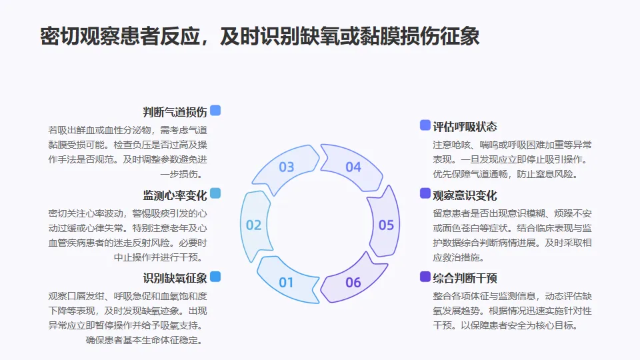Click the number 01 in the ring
(x=286, y=282)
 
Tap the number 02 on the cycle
(x=254, y=225)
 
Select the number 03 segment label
(x=287, y=167)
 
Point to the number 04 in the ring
(x=353, y=167)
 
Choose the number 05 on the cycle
(x=386, y=225)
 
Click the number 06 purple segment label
(x=353, y=282)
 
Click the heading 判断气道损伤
(x=175, y=112)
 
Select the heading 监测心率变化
(x=175, y=195)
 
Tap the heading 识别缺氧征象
(x=175, y=278)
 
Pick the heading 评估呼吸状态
(x=465, y=127)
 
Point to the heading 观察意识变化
(x=465, y=195)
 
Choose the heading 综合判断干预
(x=465, y=278)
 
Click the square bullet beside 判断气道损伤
(x=215, y=111)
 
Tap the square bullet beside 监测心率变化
(x=215, y=193)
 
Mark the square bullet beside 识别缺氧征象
(x=215, y=277)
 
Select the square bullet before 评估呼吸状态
(x=425, y=125)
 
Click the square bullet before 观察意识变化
(x=425, y=193)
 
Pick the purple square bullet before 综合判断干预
(x=425, y=277)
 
